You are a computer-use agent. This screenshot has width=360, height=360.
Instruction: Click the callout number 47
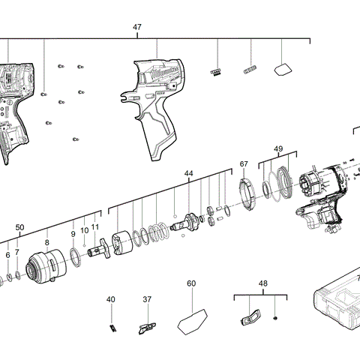click(137, 27)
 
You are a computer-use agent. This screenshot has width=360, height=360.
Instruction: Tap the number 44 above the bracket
click(188, 173)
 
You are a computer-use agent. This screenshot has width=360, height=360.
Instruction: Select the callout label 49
click(278, 149)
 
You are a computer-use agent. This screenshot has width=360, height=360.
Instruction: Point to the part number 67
click(244, 163)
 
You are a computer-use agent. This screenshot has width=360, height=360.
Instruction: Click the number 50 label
click(20, 227)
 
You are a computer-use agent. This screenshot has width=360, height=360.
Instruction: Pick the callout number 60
click(191, 283)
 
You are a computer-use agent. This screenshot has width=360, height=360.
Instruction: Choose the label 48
click(262, 284)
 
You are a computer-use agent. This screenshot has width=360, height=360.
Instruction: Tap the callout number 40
click(111, 300)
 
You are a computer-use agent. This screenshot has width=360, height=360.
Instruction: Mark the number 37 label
click(147, 300)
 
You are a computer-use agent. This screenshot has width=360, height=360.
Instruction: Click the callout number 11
click(95, 226)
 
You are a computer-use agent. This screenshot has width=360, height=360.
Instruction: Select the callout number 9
click(73, 234)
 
